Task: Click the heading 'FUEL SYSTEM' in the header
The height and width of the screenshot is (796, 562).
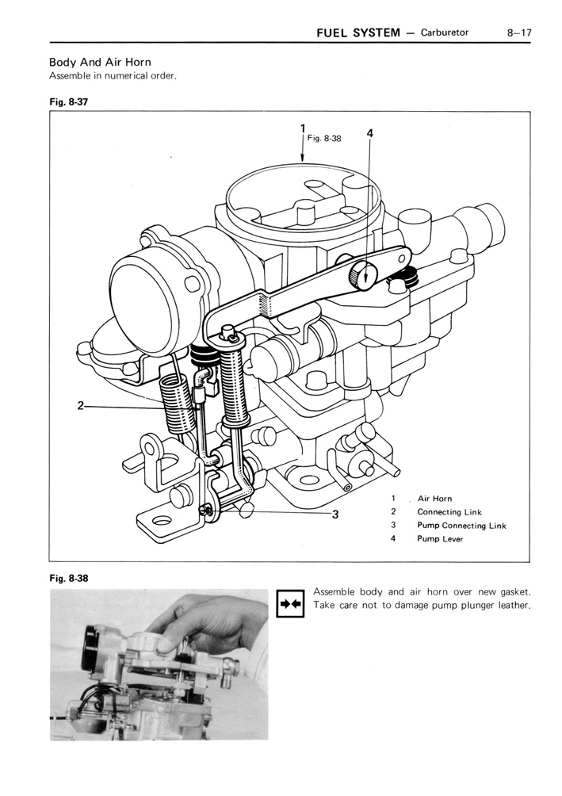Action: tap(357, 33)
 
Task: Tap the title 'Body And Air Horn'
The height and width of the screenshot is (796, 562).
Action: tap(100, 62)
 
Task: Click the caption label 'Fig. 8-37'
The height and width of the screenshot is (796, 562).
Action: tap(68, 102)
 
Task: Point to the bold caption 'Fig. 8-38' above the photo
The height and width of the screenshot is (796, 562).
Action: tap(68, 578)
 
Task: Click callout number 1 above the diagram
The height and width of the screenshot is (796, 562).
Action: tap(303, 128)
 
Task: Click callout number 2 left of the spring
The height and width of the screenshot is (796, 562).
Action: tap(81, 407)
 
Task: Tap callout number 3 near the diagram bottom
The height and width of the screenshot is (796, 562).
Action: tap(335, 514)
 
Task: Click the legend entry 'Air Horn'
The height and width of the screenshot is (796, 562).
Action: tap(434, 499)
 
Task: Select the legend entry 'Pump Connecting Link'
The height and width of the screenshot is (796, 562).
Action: tap(461, 526)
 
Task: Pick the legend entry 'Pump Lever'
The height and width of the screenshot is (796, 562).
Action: tap(440, 539)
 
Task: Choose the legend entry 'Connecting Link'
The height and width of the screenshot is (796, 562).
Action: tap(449, 512)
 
